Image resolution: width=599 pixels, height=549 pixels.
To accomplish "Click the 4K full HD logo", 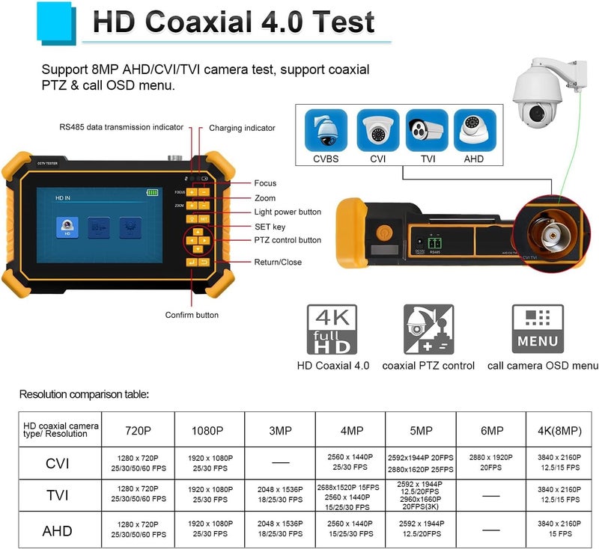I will pyautogui.click(x=332, y=328).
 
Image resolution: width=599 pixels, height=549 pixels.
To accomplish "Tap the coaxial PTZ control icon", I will pyautogui.click(x=428, y=328).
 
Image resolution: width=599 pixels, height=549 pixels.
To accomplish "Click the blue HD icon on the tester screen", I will pyautogui.click(x=67, y=227).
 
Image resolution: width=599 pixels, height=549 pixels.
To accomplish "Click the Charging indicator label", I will pyautogui.click(x=241, y=128).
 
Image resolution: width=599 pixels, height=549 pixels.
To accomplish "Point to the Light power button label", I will pyautogui.click(x=288, y=212).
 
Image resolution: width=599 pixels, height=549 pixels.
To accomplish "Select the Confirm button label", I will pyautogui.click(x=192, y=315).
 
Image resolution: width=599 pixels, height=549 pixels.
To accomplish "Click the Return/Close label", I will pyautogui.click(x=278, y=262).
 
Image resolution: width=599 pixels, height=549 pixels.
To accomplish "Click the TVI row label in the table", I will pyautogui.click(x=58, y=494).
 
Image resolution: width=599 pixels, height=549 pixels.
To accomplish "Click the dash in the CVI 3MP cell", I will pyautogui.click(x=280, y=461).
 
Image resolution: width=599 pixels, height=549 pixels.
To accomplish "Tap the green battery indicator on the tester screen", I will pyautogui.click(x=153, y=192).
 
